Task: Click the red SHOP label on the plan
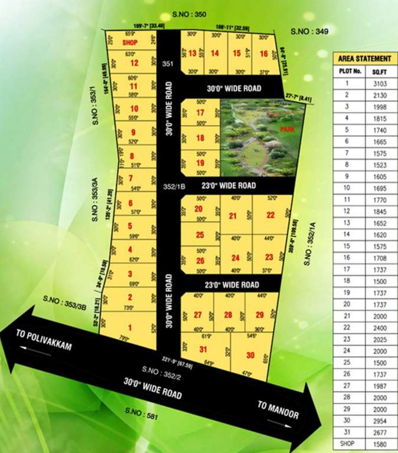(x=130, y=44)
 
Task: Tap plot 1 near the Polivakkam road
(x=130, y=328)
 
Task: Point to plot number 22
(x=270, y=215)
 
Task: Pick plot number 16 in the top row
(x=264, y=54)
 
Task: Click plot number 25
(x=200, y=235)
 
